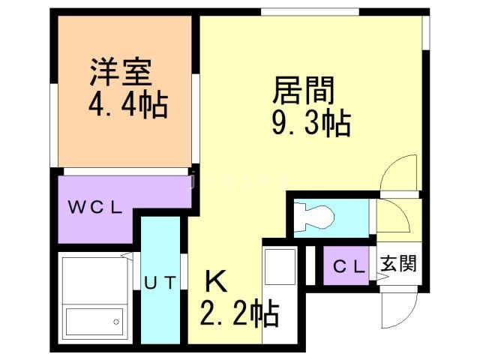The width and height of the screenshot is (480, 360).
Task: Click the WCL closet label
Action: [95, 208]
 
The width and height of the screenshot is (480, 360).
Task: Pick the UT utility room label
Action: [160, 283]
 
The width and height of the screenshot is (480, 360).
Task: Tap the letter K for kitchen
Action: [215, 281]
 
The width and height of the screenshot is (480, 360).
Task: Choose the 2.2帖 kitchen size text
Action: [239, 313]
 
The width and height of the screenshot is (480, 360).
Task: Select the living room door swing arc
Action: [397, 174]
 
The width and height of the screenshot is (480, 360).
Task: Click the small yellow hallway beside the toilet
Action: [392, 217]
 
